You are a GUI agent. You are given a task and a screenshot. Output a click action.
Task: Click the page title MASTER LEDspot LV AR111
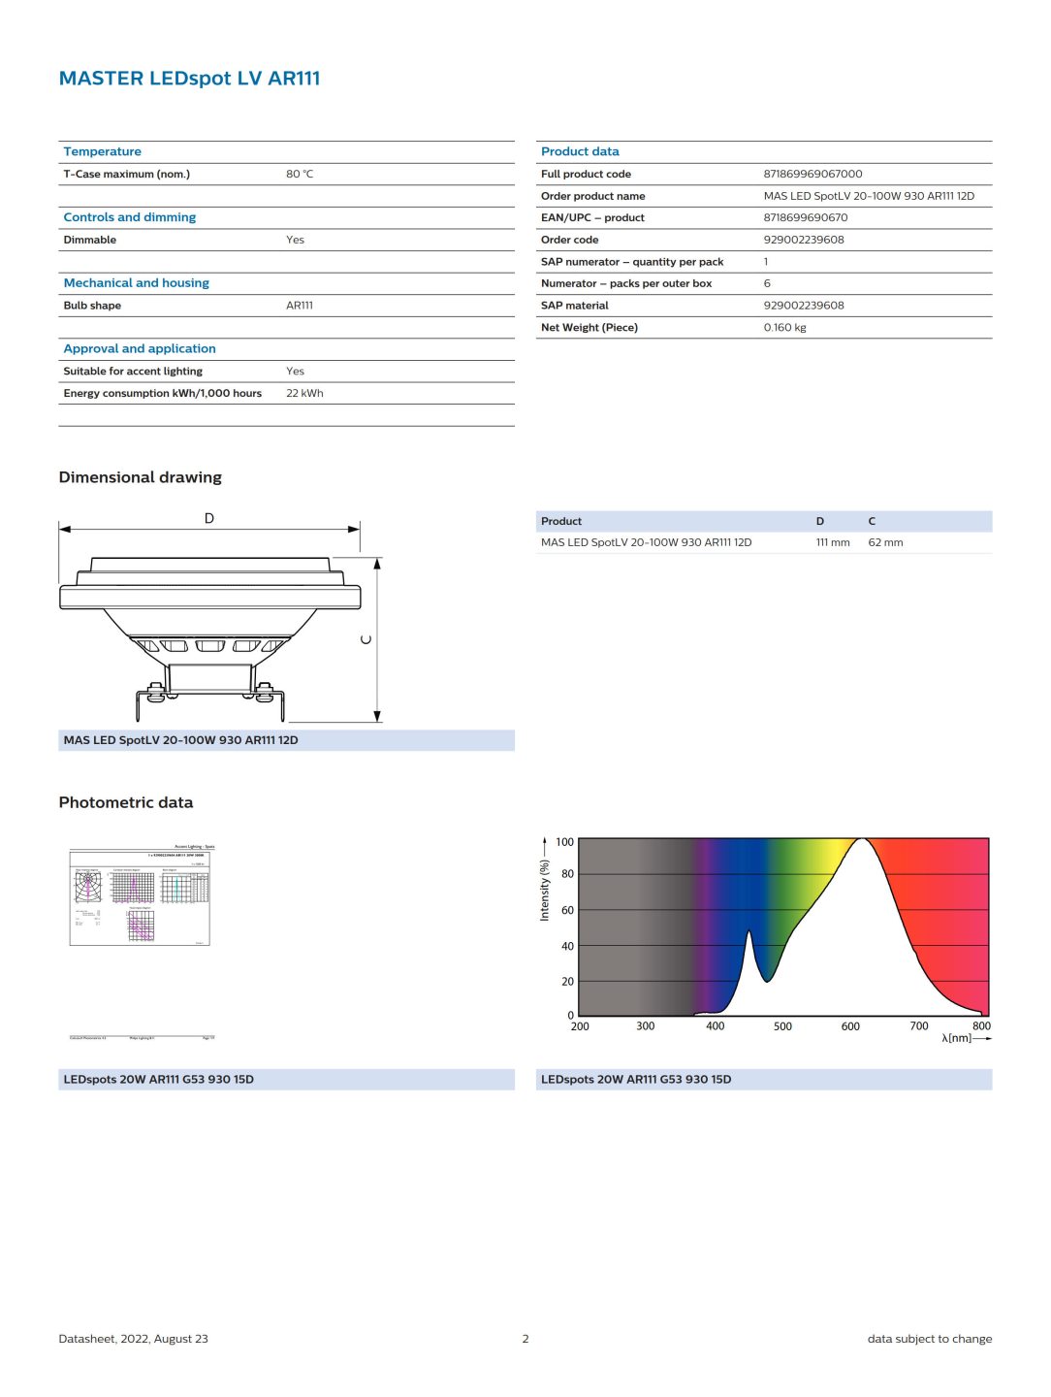tap(189, 79)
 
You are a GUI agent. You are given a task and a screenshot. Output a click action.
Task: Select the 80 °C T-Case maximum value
tap(300, 175)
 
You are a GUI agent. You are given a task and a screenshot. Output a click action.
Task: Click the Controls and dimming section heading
tap(129, 217)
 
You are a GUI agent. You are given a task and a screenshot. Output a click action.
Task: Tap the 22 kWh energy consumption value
tap(304, 394)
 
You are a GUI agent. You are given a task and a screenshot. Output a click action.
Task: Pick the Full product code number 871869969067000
tap(812, 175)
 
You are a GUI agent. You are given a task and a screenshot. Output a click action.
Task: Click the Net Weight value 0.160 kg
tap(784, 328)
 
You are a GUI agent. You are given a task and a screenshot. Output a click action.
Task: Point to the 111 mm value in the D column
tap(832, 543)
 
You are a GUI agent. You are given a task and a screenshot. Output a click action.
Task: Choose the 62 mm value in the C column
tap(885, 543)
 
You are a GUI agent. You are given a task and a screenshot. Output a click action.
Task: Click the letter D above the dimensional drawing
tap(209, 519)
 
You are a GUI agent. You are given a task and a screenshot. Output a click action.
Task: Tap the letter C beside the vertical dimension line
tap(366, 639)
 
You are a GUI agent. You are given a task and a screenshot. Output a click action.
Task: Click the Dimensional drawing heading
tap(140, 477)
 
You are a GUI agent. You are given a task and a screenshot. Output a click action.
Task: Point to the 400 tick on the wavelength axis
tap(715, 1026)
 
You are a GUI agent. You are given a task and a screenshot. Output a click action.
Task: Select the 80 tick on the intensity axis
tap(567, 874)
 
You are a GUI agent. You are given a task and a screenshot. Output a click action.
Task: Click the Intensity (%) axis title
tap(544, 891)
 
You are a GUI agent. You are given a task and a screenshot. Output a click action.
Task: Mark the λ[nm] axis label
tap(956, 1038)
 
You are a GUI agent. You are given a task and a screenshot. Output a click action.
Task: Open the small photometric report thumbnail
tap(141, 896)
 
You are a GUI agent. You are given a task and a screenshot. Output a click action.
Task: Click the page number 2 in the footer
tap(525, 1339)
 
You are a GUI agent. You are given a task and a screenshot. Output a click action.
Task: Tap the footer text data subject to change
tap(929, 1339)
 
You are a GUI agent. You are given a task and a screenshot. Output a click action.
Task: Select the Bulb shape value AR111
tap(300, 306)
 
